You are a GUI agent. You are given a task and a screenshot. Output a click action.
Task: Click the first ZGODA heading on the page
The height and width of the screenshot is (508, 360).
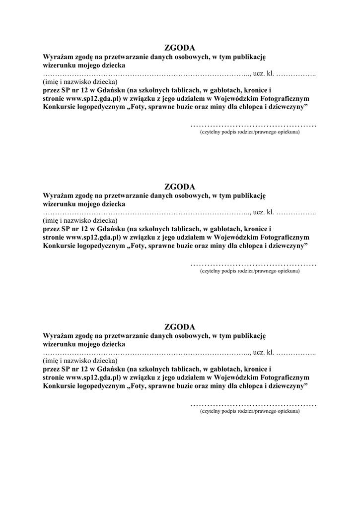(x=180, y=48)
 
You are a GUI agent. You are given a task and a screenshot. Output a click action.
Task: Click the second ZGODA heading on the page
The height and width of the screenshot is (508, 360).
(x=180, y=187)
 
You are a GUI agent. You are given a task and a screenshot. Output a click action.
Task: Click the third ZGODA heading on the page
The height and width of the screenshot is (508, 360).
(x=180, y=327)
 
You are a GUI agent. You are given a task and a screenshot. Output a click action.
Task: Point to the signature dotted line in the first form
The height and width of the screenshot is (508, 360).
(x=253, y=125)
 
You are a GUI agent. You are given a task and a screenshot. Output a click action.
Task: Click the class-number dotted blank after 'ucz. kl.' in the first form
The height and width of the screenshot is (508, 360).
(x=296, y=74)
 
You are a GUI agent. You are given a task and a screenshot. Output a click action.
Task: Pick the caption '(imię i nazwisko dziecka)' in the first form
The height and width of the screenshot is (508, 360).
(x=80, y=81)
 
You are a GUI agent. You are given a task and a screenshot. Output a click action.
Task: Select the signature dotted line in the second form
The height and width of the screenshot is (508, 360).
(x=253, y=264)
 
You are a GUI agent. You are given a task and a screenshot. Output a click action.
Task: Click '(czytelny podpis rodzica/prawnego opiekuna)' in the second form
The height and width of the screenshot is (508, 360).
(x=250, y=271)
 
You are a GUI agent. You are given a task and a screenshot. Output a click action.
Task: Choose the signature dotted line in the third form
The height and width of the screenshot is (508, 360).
(x=253, y=404)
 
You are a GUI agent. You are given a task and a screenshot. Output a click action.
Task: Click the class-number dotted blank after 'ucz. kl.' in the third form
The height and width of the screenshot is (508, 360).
(x=296, y=353)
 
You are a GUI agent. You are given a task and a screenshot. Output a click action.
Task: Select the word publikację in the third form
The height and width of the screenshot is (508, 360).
(x=249, y=335)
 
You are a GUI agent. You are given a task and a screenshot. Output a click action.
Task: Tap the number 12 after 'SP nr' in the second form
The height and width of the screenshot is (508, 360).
(x=83, y=229)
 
